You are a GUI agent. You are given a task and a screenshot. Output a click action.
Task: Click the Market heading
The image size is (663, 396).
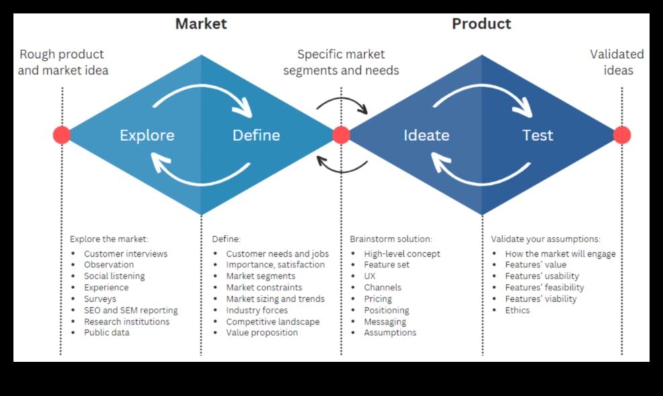tap(201, 24)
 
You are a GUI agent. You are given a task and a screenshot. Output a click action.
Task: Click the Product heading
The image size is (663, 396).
tap(481, 24)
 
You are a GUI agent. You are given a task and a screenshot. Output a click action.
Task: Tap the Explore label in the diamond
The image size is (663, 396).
tap(147, 135)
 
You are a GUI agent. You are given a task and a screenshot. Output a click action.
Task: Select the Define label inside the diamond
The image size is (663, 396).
tap(256, 135)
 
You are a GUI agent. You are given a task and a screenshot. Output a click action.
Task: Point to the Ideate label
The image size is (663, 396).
tap(426, 135)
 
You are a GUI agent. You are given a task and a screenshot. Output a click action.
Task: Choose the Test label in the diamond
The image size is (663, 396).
tap(538, 135)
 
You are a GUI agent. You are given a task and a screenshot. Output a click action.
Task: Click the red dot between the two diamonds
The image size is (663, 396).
tap(341, 135)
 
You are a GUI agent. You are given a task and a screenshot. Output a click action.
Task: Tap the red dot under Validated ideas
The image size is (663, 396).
tap(622, 135)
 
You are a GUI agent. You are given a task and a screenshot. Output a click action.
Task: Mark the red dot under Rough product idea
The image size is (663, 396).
tap(62, 135)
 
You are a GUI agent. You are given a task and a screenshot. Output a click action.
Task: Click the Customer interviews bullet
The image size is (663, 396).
tap(125, 253)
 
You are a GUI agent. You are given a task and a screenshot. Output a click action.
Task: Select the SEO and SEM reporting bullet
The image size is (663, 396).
tap(131, 310)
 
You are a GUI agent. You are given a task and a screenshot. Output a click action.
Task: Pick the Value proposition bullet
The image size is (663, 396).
tap(262, 332)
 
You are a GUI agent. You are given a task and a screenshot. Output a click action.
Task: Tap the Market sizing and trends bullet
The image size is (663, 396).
tap(275, 299)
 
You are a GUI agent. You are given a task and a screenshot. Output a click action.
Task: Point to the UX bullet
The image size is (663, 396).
tap(370, 276)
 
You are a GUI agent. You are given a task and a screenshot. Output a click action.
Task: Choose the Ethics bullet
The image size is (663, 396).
tap(518, 310)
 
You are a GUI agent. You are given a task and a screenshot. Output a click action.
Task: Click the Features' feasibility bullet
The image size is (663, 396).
tap(545, 287)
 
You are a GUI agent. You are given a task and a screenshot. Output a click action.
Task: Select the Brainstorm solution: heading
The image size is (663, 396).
tap(390, 239)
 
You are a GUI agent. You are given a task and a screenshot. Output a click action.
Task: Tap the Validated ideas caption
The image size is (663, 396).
tap(617, 62)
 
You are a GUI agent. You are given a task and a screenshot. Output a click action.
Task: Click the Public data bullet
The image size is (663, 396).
tap(106, 332)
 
